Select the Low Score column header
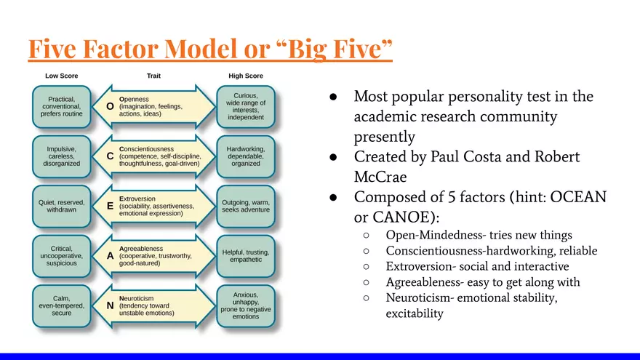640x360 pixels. click(x=61, y=76)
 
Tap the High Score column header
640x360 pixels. click(x=245, y=76)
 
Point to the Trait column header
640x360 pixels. click(x=153, y=76)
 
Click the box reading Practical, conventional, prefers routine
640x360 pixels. click(x=61, y=106)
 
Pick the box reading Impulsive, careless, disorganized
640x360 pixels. click(x=61, y=156)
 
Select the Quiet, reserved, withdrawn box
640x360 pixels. click(x=61, y=206)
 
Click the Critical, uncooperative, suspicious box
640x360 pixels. click(x=61, y=255)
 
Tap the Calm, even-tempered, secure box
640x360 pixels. click(x=61, y=305)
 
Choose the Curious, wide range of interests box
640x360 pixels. click(x=246, y=106)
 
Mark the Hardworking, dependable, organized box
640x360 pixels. click(x=246, y=156)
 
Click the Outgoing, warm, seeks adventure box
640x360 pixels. click(x=246, y=206)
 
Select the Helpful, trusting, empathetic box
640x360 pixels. click(x=246, y=255)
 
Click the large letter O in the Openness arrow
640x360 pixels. click(x=110, y=106)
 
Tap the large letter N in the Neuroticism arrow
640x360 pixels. click(x=110, y=305)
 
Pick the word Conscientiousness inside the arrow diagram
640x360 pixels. click(x=152, y=148)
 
